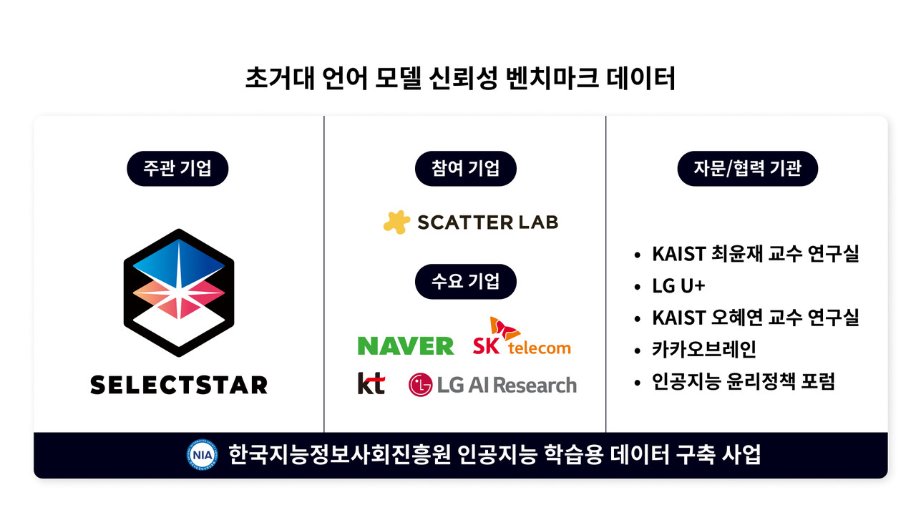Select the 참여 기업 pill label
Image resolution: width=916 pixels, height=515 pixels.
point(465,170)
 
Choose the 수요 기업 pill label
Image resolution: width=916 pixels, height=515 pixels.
point(465,281)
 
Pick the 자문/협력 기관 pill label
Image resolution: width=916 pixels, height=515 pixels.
point(747,170)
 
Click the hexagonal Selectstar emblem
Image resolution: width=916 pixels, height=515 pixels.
point(179,293)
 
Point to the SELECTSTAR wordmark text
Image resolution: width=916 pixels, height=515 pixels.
point(179,385)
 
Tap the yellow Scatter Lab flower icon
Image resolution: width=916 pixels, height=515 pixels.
point(396,222)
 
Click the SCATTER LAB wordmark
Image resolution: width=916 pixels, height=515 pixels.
point(487,222)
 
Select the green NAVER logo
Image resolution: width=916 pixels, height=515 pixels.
point(406,346)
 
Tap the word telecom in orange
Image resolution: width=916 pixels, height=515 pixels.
point(540,348)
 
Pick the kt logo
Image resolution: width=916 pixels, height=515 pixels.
point(371,384)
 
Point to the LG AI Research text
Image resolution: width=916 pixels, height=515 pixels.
point(506,385)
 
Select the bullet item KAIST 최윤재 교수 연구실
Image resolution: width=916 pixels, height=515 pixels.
point(755,254)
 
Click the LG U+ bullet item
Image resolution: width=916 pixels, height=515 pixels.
point(678,286)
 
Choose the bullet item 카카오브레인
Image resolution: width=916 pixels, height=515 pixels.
point(703,350)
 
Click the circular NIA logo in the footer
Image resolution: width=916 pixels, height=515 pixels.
point(201,454)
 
